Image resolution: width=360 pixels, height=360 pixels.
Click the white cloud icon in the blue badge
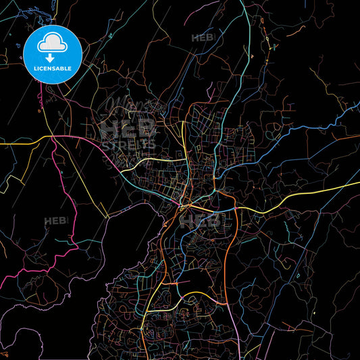click(53, 45)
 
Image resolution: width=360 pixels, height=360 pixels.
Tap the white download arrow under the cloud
click(51, 58)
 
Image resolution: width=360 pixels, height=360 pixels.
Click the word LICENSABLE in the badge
click(53, 69)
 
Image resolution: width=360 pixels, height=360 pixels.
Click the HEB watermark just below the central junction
click(201, 220)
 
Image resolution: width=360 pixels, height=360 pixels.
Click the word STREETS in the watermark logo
click(128, 144)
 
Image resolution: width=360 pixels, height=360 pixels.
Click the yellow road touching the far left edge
click(14, 143)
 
